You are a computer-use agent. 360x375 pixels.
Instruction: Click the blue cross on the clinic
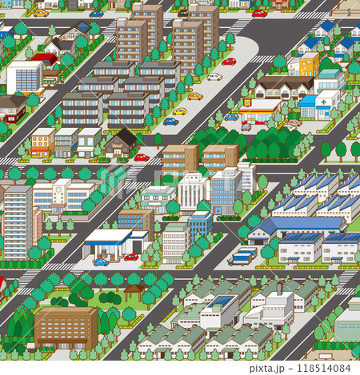point(323,102)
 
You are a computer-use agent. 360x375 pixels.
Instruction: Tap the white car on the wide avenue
point(214,78)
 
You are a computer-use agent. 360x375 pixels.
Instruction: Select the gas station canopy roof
point(106,236)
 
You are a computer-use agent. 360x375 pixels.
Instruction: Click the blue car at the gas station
point(101,261)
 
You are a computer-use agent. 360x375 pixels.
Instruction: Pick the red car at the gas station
point(131,257)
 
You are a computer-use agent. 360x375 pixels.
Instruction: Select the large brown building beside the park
point(66,325)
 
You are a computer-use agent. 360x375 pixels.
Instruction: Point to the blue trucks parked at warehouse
point(242,257)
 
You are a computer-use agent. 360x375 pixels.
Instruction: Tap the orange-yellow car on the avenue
point(195,96)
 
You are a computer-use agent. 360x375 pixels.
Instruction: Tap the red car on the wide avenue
point(229,62)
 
